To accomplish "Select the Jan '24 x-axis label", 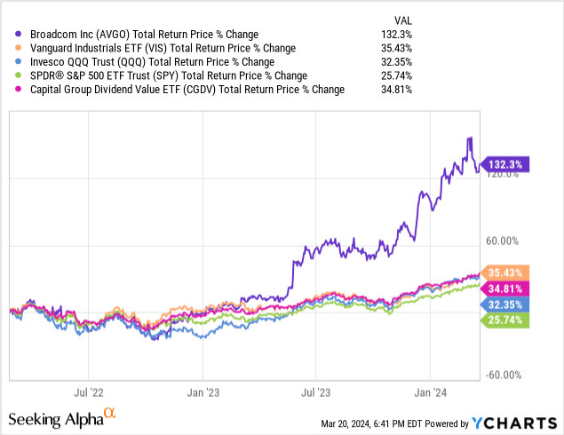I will point(430,391).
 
